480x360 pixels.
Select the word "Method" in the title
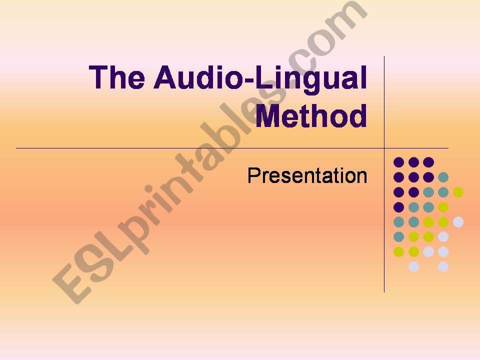coord(311,116)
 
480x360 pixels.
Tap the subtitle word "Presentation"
coord(307,175)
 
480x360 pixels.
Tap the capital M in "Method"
coord(269,116)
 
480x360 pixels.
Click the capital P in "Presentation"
coord(253,175)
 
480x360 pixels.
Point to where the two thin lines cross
coord(384,148)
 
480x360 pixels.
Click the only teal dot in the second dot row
coord(443,177)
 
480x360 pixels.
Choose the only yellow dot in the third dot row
coord(458,192)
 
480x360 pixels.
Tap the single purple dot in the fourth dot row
coord(398,207)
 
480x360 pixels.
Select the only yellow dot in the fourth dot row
coord(443,207)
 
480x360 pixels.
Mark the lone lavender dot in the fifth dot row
coord(458,222)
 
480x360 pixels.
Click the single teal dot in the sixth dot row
coord(398,236)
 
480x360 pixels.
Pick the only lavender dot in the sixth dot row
coord(443,236)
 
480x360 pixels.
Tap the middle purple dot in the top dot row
coord(413,162)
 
